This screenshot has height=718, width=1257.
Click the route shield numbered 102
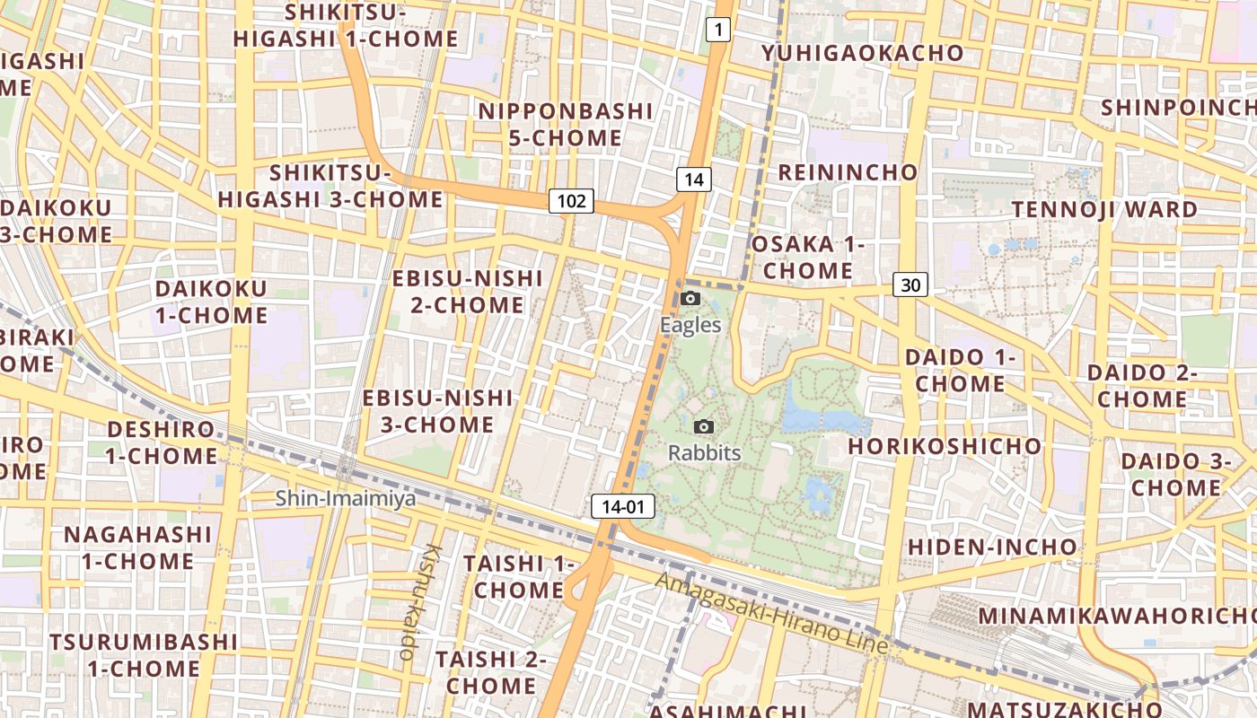(x=571, y=201)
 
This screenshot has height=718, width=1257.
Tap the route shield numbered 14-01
(x=623, y=507)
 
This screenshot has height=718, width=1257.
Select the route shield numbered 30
(x=910, y=285)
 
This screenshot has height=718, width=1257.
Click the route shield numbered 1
(x=717, y=31)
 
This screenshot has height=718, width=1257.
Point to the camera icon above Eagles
(x=690, y=298)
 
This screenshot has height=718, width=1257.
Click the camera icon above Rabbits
(x=704, y=426)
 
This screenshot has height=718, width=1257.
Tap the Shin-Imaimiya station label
(x=346, y=498)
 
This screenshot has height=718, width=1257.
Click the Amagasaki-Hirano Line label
(x=771, y=613)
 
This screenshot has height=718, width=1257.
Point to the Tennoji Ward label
(x=1104, y=209)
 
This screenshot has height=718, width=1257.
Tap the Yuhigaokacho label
(x=862, y=53)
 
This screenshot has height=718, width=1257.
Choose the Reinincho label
(x=848, y=172)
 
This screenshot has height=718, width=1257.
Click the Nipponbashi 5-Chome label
(x=566, y=125)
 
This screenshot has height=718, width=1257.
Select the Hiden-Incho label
(x=992, y=547)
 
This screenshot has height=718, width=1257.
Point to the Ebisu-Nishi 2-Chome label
(x=468, y=292)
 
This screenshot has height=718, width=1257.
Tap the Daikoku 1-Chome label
(x=211, y=302)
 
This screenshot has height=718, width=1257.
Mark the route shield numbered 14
(x=693, y=179)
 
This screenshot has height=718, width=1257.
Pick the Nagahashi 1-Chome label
(x=138, y=547)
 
